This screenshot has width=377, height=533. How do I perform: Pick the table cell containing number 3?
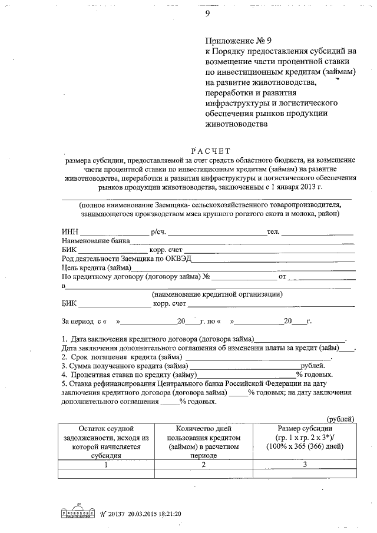click(305, 465)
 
